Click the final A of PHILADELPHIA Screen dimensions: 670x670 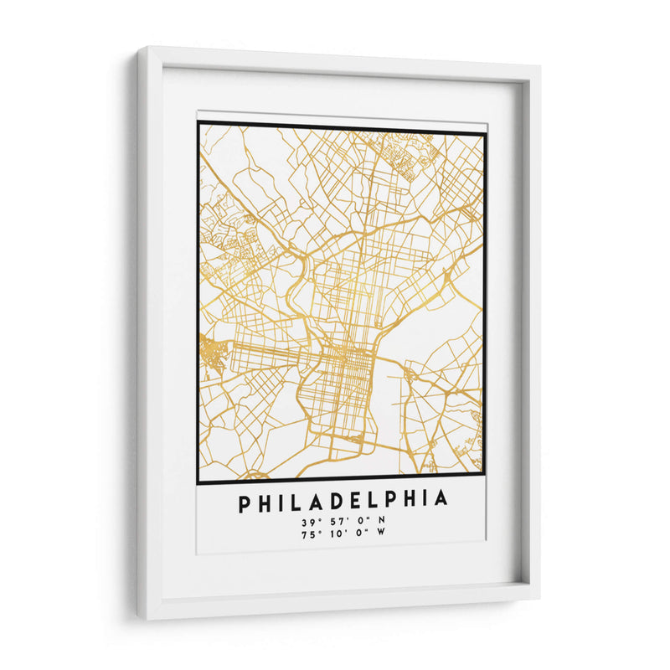(441, 501)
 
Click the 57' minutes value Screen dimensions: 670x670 (333, 521)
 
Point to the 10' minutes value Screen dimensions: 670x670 (333, 533)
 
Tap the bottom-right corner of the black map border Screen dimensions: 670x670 (484, 482)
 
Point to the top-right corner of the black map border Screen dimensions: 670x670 (485, 133)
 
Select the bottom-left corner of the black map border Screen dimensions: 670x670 (198, 483)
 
